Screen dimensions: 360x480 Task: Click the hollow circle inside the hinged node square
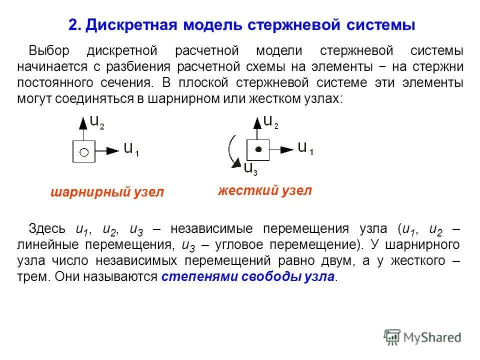tap(84, 151)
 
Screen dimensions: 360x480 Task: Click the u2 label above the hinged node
tap(97, 121)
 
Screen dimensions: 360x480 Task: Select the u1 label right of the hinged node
tap(131, 149)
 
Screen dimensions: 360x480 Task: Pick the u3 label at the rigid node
tap(250, 168)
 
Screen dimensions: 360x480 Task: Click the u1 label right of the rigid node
tap(305, 147)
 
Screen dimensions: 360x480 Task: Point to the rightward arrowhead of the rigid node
tap(287, 149)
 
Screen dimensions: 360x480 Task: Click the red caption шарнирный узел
tap(107, 192)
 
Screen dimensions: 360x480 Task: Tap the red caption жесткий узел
tap(265, 190)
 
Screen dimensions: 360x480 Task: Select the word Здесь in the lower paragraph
tap(47, 229)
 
